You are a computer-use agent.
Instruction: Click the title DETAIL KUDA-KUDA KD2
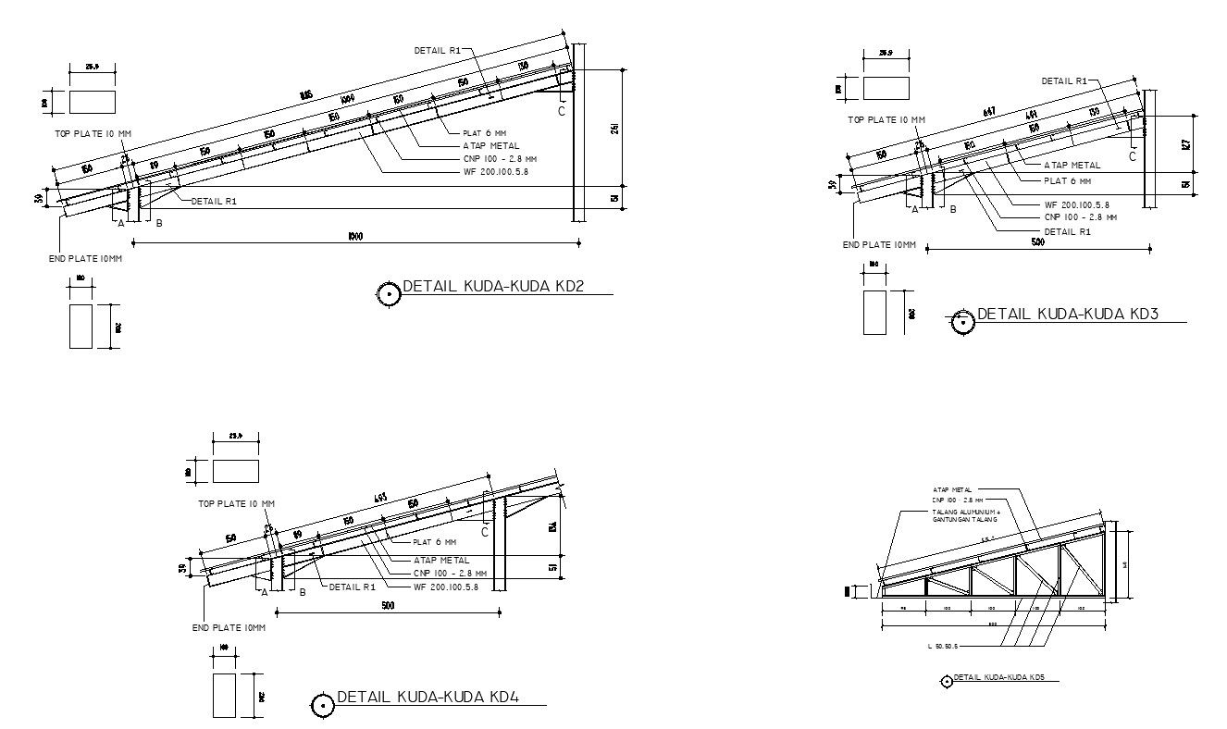(494, 287)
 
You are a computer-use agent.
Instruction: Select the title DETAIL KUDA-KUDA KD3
(1068, 315)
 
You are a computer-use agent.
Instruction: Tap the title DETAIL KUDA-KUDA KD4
(428, 698)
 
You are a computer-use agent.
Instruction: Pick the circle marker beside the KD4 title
(322, 706)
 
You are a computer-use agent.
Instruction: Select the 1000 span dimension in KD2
(355, 237)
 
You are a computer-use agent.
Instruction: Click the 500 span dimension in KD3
(1037, 242)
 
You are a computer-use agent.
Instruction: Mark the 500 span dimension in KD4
(387, 606)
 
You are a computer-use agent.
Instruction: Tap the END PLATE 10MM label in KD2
(85, 259)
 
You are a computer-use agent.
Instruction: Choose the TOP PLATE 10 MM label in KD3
(886, 119)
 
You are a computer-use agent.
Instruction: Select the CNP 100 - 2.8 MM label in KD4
(450, 573)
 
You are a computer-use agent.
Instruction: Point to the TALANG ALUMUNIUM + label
(967, 511)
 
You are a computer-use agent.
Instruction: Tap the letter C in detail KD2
(561, 111)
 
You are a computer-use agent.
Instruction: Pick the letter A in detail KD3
(915, 210)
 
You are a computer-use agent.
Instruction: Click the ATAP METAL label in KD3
(1072, 166)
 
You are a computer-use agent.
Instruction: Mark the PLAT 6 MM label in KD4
(434, 542)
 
